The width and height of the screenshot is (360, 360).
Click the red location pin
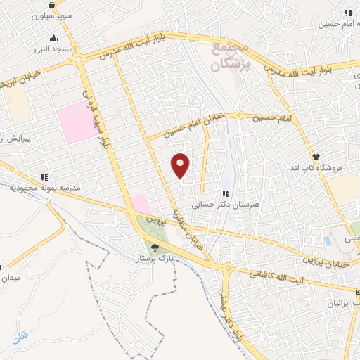181,165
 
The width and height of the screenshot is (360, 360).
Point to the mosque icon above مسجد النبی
53,39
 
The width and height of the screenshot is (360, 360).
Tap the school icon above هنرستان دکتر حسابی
225,193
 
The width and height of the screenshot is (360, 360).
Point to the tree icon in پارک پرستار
155,247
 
